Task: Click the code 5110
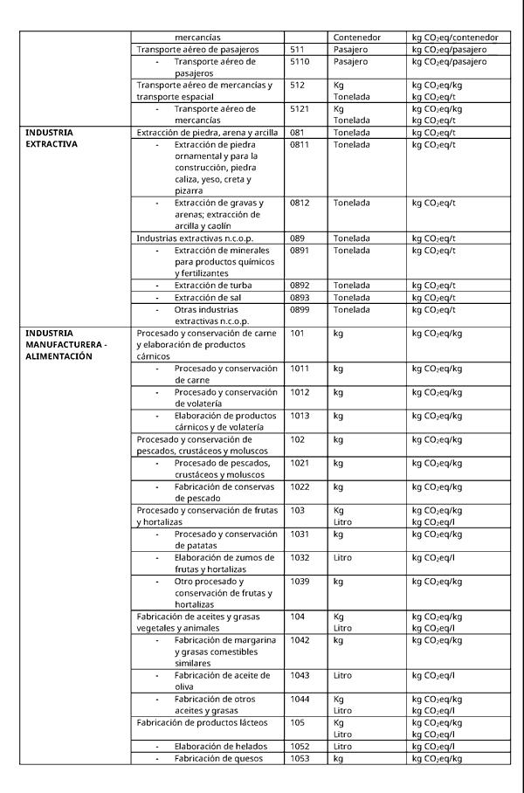point(300,62)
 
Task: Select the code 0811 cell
point(300,144)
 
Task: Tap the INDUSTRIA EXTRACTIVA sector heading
point(50,138)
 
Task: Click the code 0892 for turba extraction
point(300,286)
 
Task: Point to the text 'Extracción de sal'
point(208,298)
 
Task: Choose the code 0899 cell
point(300,309)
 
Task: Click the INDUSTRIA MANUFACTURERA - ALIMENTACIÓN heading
point(66,344)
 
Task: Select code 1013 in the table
point(300,416)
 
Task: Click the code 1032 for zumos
point(300,557)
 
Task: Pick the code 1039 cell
point(300,581)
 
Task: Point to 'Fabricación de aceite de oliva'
point(222,681)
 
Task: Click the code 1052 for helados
point(300,747)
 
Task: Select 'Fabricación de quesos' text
point(217,758)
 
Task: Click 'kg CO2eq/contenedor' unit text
point(455,38)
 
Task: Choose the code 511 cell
point(297,50)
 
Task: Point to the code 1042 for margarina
point(300,640)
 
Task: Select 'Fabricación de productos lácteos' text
point(202,722)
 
